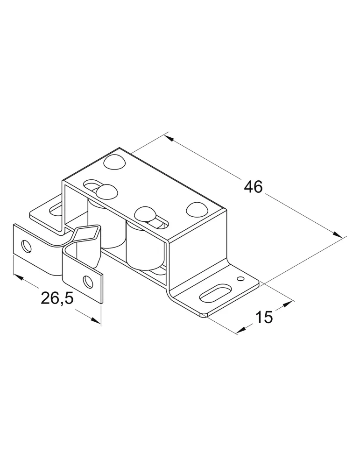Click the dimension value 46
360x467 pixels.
(254, 187)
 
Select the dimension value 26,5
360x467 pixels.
(57, 298)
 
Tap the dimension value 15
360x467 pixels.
(264, 317)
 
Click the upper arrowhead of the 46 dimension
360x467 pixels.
(169, 139)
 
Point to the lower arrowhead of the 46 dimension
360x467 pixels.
(338, 234)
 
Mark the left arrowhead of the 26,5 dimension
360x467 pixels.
(19, 277)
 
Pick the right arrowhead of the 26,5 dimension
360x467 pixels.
(95, 320)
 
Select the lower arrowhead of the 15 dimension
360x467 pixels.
(241, 329)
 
